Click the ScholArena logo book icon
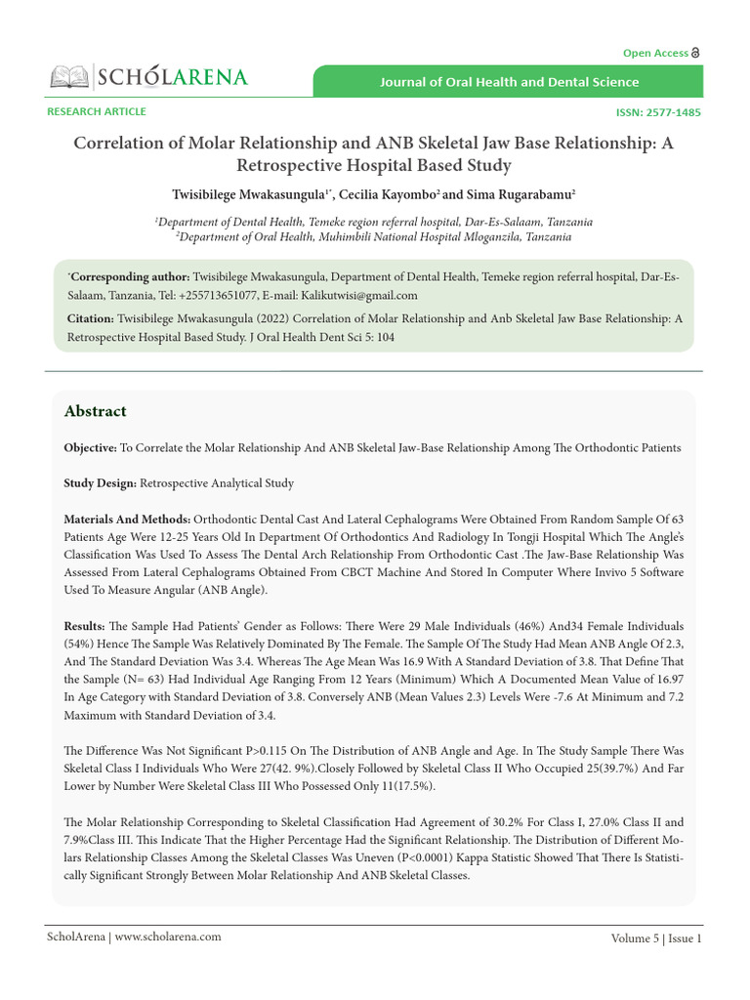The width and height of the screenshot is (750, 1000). tap(68, 76)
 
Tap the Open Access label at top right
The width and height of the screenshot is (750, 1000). tap(656, 53)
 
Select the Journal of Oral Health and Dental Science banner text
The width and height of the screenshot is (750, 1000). tap(510, 82)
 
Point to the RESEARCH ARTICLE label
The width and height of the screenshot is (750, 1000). tap(97, 111)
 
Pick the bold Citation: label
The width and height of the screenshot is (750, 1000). tap(90, 318)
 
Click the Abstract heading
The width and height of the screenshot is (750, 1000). tap(95, 411)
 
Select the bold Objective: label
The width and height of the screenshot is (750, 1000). tap(90, 448)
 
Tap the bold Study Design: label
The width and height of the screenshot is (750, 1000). tap(100, 483)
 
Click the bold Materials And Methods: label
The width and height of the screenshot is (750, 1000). tap(127, 519)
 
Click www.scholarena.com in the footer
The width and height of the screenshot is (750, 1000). tap(167, 937)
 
